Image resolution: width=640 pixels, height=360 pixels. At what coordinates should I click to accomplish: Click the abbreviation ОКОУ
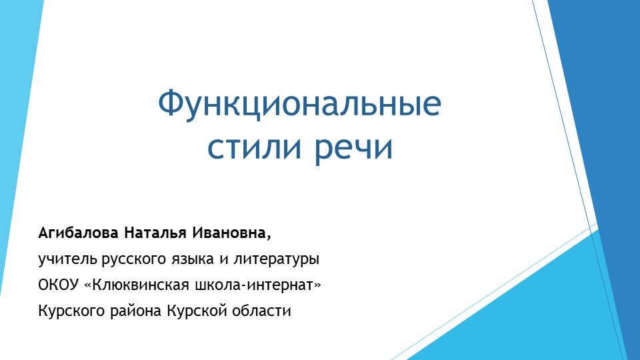pyautogui.click(x=59, y=285)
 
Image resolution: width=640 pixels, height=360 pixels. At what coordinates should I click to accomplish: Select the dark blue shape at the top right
pyautogui.click(x=600, y=100)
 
